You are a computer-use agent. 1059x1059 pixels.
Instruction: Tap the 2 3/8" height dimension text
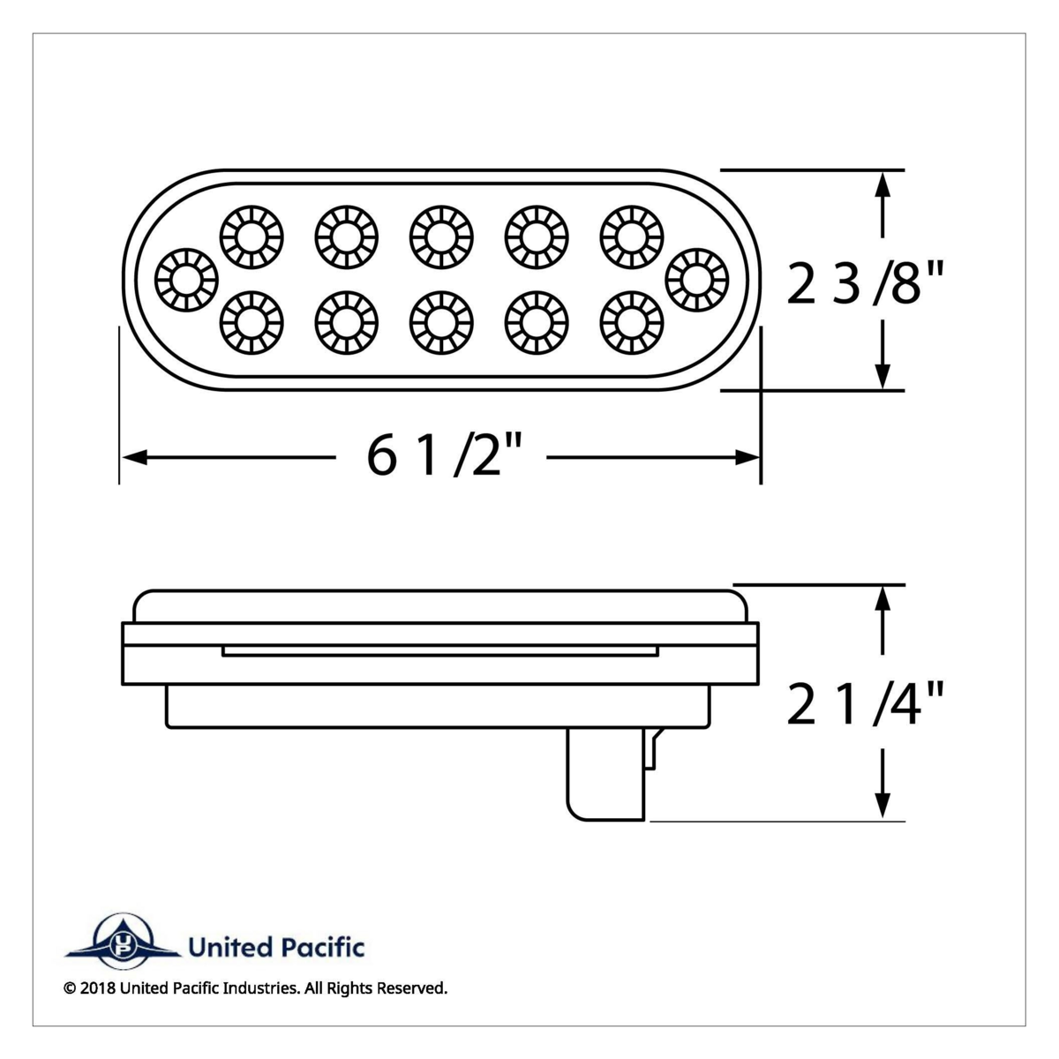(x=865, y=287)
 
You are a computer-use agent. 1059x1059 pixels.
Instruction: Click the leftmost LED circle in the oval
(x=185, y=281)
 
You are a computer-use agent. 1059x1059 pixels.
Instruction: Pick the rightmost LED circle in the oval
(x=697, y=281)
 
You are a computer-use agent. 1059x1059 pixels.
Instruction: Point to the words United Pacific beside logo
(x=276, y=949)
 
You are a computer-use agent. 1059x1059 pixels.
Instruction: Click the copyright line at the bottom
(x=256, y=988)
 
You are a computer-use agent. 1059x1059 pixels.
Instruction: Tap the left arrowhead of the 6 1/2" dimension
(x=132, y=457)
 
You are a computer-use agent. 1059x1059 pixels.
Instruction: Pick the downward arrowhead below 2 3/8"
(x=881, y=376)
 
